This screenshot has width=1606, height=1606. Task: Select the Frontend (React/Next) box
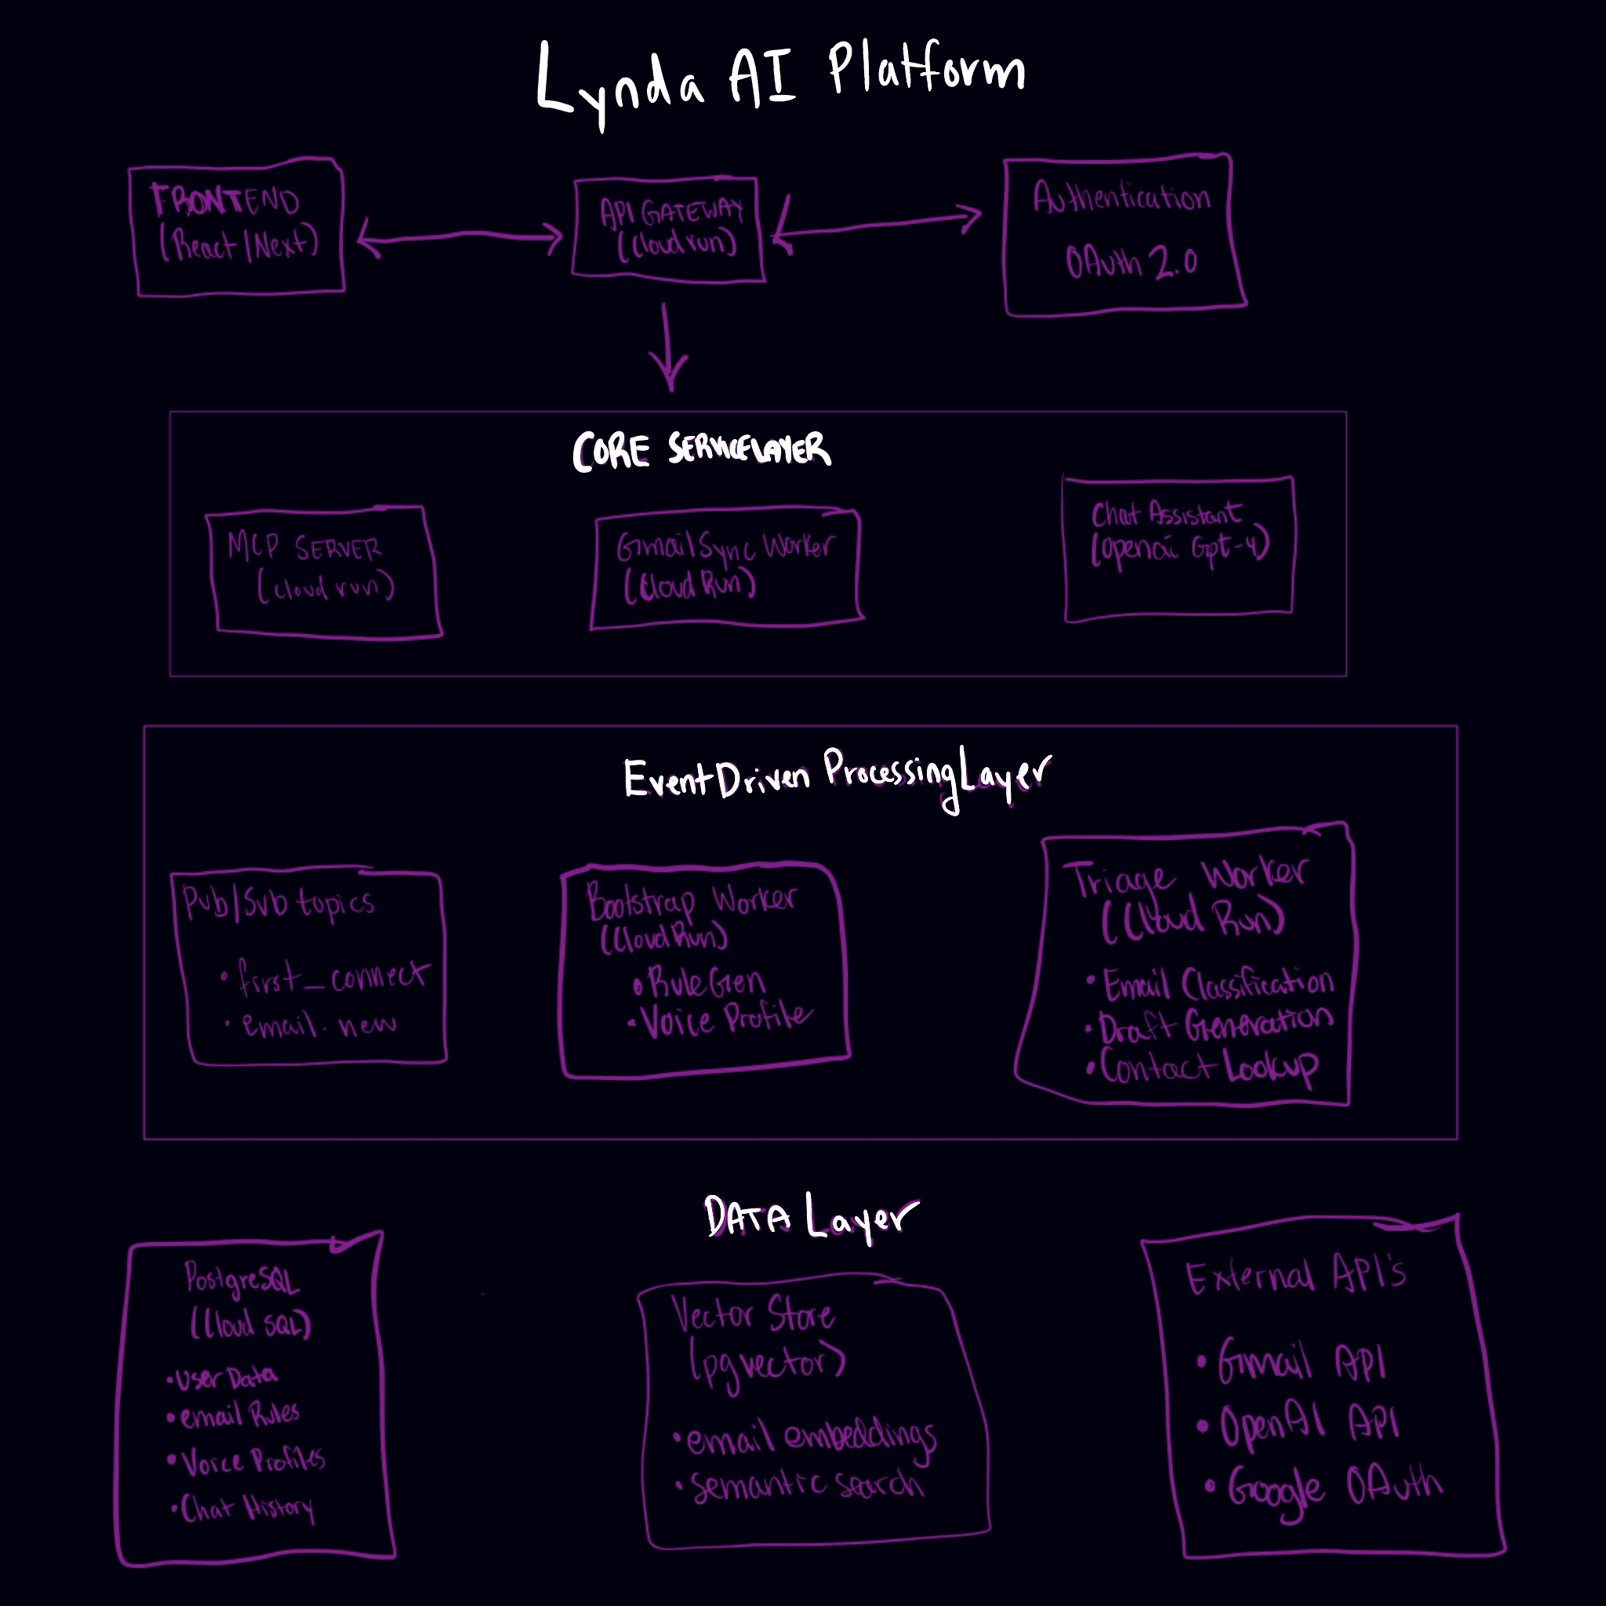[x=238, y=225]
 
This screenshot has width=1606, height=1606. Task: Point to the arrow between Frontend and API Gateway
[x=460, y=238]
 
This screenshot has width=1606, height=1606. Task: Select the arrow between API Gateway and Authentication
[x=877, y=224]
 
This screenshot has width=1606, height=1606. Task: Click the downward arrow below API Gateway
[x=668, y=349]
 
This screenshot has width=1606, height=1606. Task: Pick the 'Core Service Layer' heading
[x=701, y=451]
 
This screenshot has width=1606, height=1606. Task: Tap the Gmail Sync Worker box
[x=725, y=567]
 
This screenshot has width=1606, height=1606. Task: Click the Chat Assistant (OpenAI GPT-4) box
[x=1179, y=549]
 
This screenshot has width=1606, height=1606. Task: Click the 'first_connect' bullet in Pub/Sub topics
[x=332, y=978]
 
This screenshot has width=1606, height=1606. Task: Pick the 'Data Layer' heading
[x=811, y=1218]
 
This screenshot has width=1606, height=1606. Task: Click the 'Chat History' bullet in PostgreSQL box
[x=246, y=1508]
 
